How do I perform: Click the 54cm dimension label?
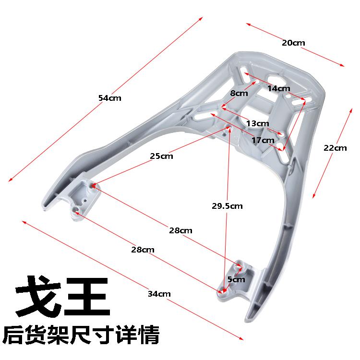click(x=110, y=98)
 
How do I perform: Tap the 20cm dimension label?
click(x=293, y=43)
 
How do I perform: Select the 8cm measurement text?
click(x=239, y=94)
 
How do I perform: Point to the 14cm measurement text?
click(x=279, y=88)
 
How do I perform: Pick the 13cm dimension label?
click(x=257, y=123)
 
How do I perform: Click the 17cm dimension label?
click(x=263, y=140)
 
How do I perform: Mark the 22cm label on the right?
click(x=335, y=148)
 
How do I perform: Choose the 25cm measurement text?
click(x=161, y=156)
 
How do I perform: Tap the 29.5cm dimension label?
click(x=228, y=206)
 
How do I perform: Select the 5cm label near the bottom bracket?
click(x=236, y=279)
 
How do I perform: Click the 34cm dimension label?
click(x=159, y=293)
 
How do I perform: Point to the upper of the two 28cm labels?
click(x=180, y=230)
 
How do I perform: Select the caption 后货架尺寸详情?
click(x=81, y=336)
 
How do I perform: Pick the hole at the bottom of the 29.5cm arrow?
click(x=223, y=289)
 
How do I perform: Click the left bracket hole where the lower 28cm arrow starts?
click(x=76, y=211)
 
